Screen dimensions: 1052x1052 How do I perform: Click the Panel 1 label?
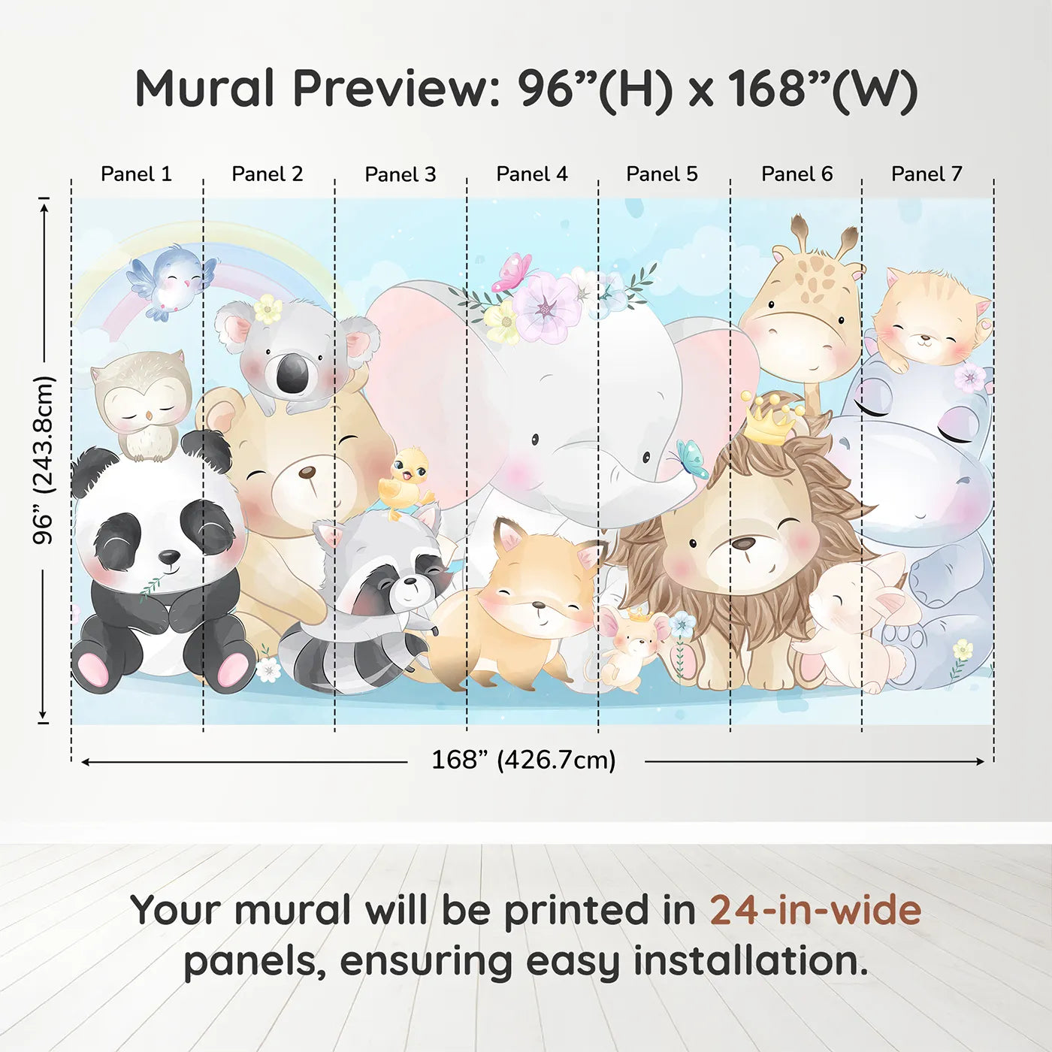point(136,174)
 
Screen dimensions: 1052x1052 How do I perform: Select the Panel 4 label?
point(532,174)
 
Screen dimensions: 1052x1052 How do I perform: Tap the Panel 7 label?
point(927,174)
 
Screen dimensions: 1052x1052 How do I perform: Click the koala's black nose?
point(292,373)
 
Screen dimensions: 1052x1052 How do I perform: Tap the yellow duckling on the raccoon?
point(406,481)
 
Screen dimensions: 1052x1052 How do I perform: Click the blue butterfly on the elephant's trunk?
point(692,458)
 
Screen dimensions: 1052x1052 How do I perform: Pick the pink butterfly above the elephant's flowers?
point(512,272)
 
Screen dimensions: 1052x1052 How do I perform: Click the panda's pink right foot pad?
point(232,669)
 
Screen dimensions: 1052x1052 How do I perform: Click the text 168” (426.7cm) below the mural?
point(524,760)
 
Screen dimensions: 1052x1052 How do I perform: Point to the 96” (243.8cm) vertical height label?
point(44,460)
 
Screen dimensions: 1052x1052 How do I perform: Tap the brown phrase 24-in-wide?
point(815,911)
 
